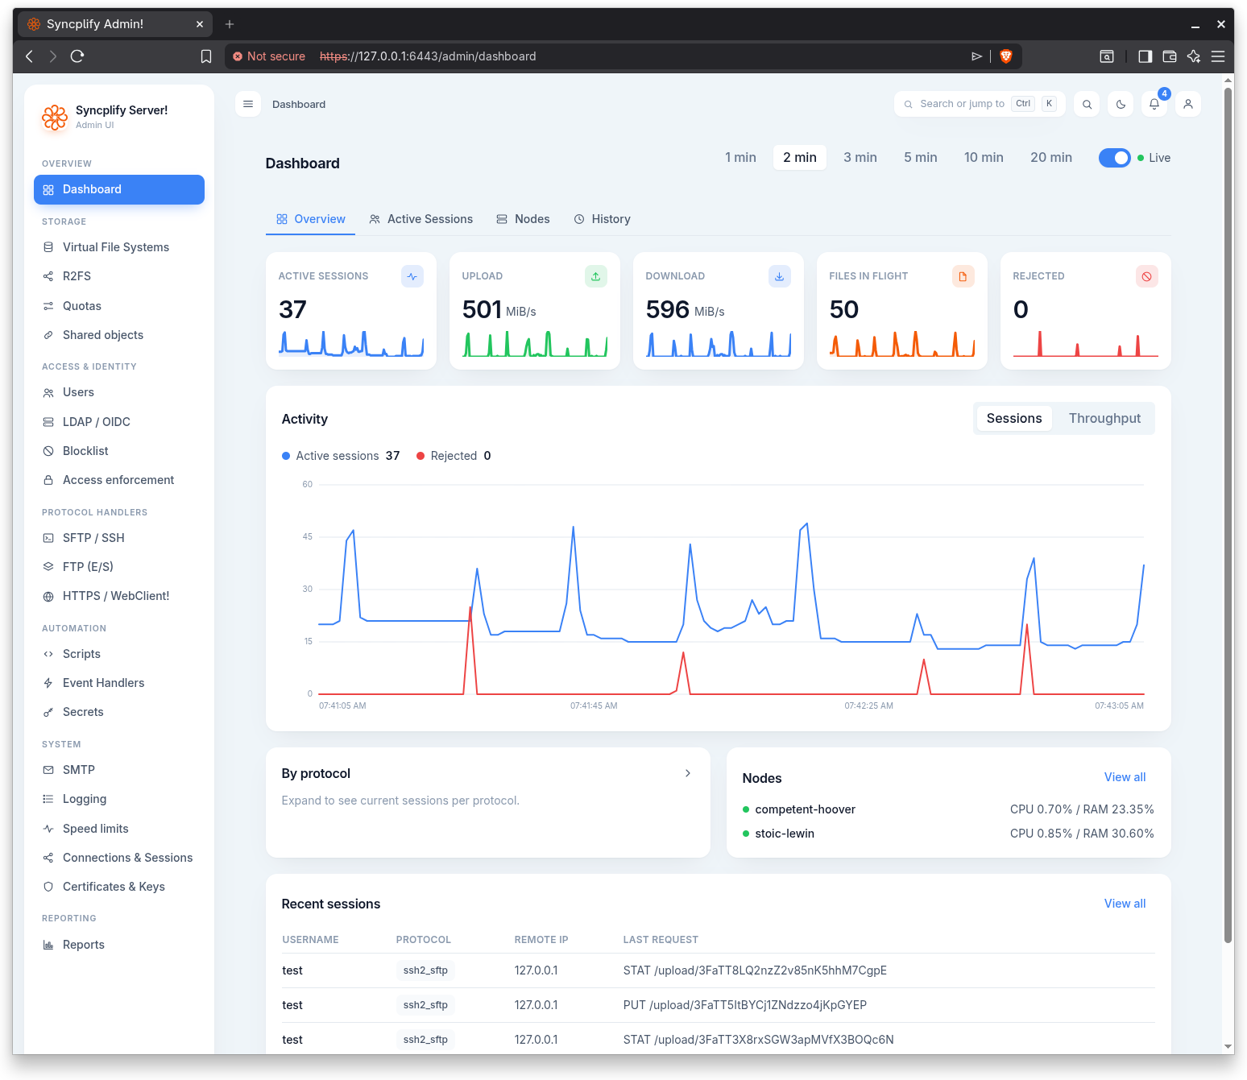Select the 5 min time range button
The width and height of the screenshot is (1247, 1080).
tap(919, 157)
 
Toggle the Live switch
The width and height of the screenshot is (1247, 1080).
tap(1113, 158)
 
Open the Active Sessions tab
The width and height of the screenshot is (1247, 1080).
tap(421, 219)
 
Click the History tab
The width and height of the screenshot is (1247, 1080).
tap(602, 219)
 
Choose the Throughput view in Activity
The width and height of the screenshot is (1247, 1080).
tap(1104, 419)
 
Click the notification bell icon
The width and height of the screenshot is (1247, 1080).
tap(1154, 105)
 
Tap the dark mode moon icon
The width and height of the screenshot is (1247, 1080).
tap(1121, 105)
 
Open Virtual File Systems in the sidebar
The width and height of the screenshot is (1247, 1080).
tap(116, 247)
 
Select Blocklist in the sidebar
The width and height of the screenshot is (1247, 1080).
tap(85, 451)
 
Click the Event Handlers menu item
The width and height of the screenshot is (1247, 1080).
tap(103, 683)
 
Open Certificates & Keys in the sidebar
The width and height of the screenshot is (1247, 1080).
tap(114, 887)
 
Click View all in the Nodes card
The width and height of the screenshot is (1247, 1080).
tap(1125, 777)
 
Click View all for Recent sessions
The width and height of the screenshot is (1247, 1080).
tap(1125, 904)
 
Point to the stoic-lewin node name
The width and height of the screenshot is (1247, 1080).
tap(785, 834)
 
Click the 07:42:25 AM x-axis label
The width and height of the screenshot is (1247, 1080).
tap(868, 706)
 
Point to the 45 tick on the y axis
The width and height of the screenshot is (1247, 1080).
tap(307, 536)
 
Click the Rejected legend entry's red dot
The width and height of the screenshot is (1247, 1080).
tap(420, 456)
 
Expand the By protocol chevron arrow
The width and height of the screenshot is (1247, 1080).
tap(687, 773)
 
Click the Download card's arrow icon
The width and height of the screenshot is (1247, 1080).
tap(779, 276)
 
